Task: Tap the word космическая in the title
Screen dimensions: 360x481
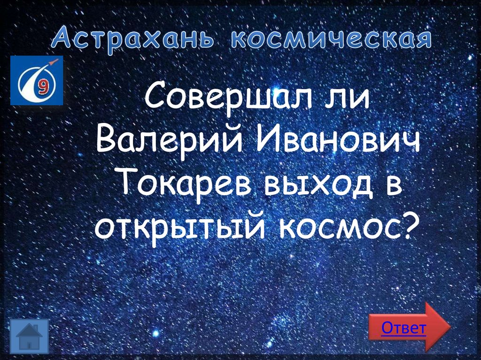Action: [x=331, y=39]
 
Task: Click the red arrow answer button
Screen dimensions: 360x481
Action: [x=409, y=327]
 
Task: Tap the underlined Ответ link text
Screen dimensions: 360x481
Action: [x=403, y=328]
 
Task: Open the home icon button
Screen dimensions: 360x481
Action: [x=29, y=335]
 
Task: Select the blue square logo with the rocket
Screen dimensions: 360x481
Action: [x=36, y=80]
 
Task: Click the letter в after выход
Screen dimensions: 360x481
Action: [x=393, y=184]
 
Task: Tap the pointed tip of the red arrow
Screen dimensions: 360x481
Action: [x=449, y=327]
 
